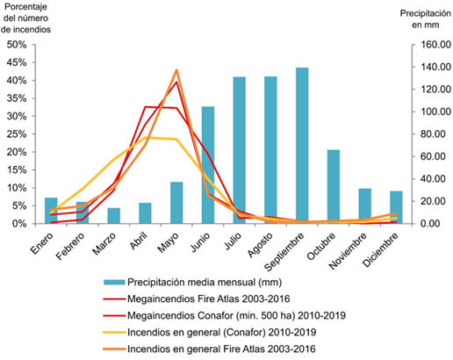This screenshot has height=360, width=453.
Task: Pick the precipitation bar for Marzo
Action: (x=113, y=216)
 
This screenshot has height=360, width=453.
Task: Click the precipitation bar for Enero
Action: (x=51, y=211)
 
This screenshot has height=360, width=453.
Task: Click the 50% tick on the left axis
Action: (x=19, y=44)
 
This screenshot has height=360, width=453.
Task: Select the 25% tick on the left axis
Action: (x=19, y=133)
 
